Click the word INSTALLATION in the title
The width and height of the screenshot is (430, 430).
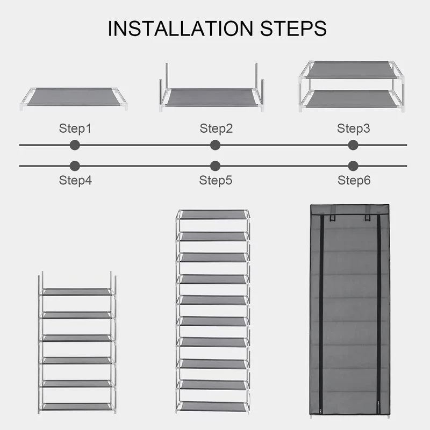181,28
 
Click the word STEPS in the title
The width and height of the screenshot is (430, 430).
293,28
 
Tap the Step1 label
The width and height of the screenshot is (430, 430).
75,128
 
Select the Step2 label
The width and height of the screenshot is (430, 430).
216,128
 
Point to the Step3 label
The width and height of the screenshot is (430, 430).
354,128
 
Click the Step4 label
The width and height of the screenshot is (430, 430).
75,180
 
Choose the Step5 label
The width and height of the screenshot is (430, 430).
216,180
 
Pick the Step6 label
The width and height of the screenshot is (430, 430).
354,180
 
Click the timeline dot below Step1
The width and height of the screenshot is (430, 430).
75,145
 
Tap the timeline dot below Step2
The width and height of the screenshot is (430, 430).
216,145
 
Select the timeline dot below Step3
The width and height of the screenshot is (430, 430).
353,145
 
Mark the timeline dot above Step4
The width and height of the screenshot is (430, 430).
75,166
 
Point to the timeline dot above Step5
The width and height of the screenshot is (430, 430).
216,166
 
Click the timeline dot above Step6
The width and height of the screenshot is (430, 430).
353,166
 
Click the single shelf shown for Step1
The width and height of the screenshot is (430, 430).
74,97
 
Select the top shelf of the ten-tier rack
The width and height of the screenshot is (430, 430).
213,214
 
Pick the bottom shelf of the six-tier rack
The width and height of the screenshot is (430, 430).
77,406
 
